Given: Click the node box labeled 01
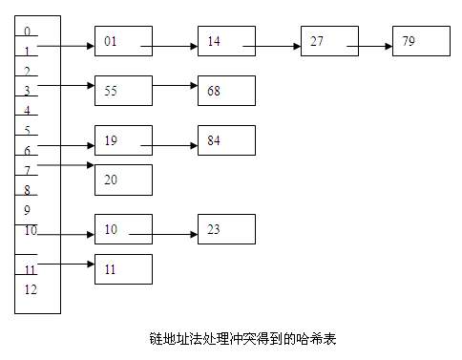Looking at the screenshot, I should click(x=123, y=42).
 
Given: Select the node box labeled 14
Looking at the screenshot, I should click(x=226, y=42).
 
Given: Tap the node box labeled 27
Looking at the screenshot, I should click(x=328, y=42).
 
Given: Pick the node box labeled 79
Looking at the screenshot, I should click(x=421, y=42).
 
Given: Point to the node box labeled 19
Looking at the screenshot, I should click(x=123, y=139).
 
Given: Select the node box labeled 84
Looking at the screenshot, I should click(x=226, y=139).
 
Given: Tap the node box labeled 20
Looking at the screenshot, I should click(x=123, y=180).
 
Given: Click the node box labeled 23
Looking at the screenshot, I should click(x=226, y=229).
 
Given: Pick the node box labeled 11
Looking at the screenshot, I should click(x=123, y=269).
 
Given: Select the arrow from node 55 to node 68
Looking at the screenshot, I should click(x=175, y=86).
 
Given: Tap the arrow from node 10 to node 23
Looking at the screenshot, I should click(x=163, y=233).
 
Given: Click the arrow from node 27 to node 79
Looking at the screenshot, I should click(x=368, y=45).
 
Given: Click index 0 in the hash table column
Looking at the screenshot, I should click(x=27, y=32).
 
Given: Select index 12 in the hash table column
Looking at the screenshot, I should click(x=31, y=289).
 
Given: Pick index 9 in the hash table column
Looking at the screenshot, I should click(x=28, y=210).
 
